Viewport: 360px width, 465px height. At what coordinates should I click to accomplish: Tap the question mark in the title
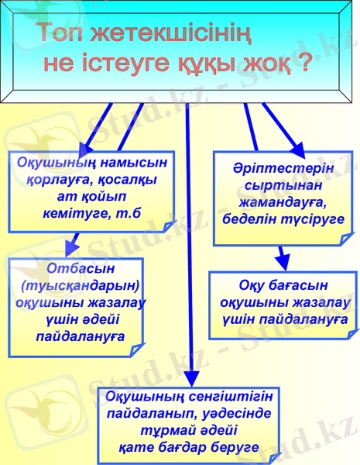[303, 62]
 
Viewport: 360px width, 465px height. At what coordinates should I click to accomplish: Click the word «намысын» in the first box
[132, 163]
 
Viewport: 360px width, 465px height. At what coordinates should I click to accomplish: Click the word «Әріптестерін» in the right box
[283, 169]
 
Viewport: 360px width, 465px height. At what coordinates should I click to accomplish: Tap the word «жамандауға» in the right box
[283, 202]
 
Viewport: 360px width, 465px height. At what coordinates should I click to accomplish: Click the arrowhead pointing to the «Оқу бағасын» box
[283, 257]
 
